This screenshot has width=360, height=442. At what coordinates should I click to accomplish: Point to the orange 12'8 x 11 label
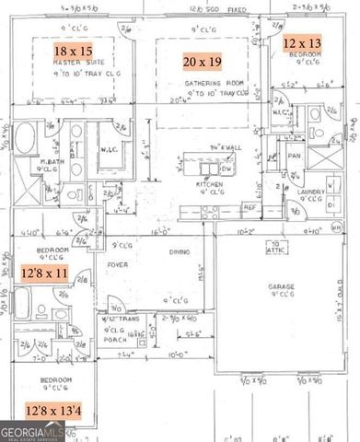pos(44,274)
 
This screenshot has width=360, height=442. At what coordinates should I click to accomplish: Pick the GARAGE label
pos(281,287)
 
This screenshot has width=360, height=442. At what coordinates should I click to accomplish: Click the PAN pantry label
pos(295,155)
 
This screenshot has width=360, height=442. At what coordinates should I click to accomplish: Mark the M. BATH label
pos(46,162)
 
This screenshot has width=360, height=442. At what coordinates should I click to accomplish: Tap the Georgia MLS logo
pos(25,431)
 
